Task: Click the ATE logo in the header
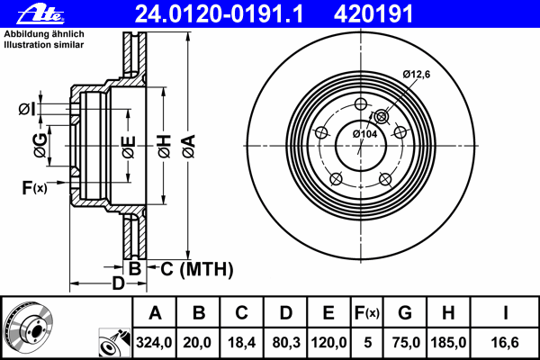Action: coord(40,14)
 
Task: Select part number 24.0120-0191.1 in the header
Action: coord(219,14)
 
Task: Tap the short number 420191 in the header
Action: coord(373,14)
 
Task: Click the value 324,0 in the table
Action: coord(154,342)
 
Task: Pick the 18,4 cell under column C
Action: coord(241,342)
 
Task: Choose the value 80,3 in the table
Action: coord(286,342)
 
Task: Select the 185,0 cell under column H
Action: coord(448,342)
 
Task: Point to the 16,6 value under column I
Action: coord(505,342)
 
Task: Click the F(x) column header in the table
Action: coord(367,313)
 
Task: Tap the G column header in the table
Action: coord(405,313)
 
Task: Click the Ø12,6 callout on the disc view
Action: coord(417,74)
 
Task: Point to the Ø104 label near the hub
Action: coord(365,134)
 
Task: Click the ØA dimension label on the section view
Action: coord(189,147)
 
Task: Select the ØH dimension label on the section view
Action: coord(165,147)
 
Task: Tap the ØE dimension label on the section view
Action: coord(129,147)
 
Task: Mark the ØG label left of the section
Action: coord(40,146)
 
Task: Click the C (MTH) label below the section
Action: coord(196,269)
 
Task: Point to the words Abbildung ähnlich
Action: coord(44,34)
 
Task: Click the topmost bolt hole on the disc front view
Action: coord(361,103)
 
